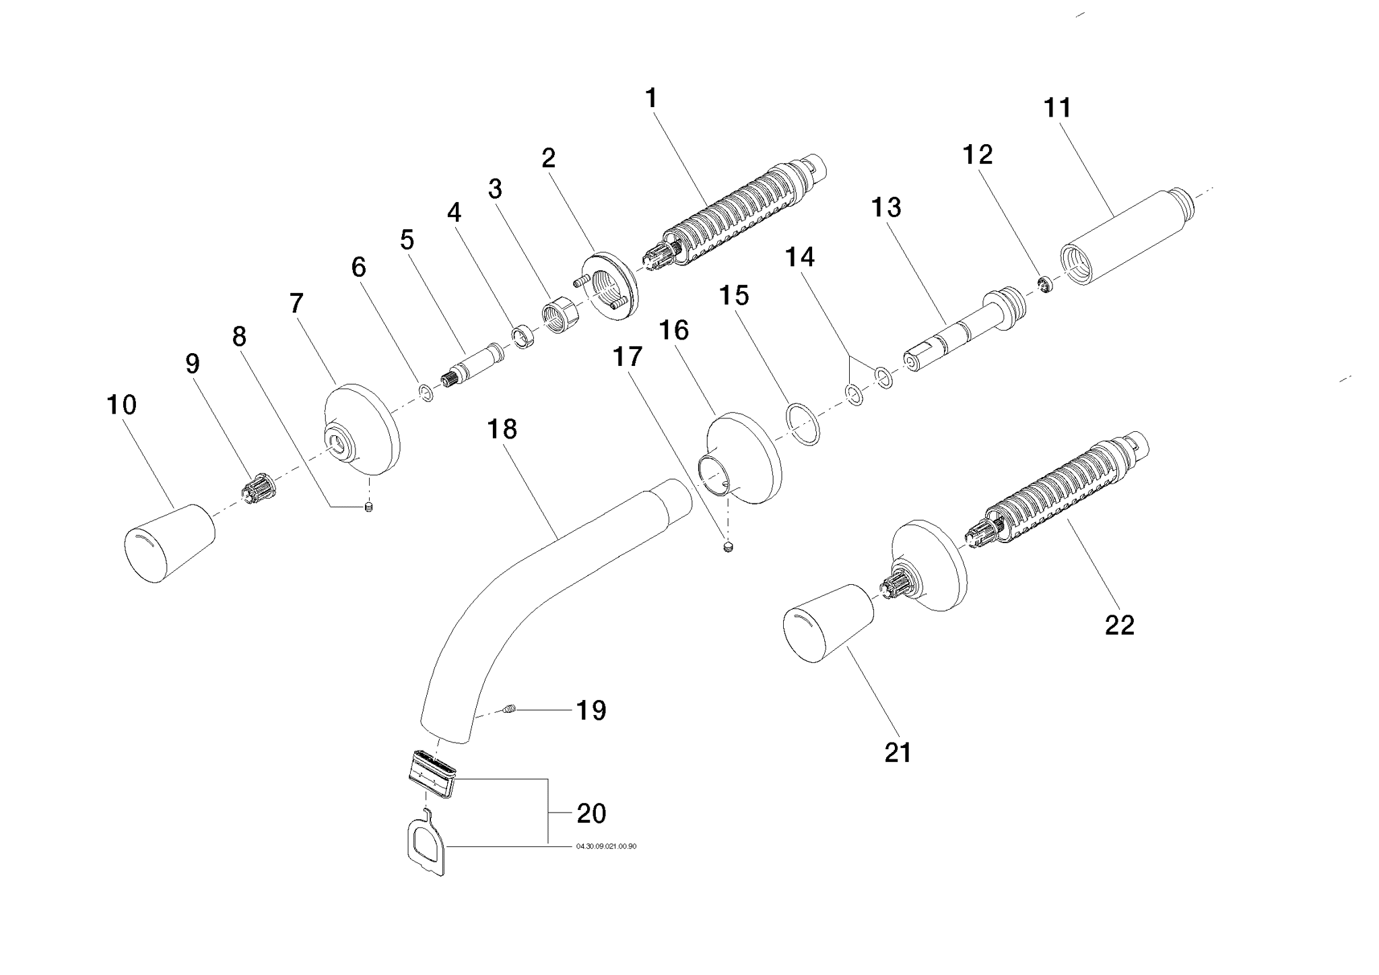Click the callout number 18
pyautogui.click(x=502, y=429)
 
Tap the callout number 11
pyautogui.click(x=1056, y=108)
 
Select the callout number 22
pyautogui.click(x=1120, y=625)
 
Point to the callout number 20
pyautogui.click(x=591, y=813)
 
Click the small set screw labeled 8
pyautogui.click(x=368, y=507)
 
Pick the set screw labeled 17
pyautogui.click(x=728, y=547)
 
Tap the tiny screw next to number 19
pyautogui.click(x=509, y=709)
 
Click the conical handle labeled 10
pyautogui.click(x=169, y=542)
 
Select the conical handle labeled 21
pyautogui.click(x=828, y=625)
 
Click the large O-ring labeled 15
pyautogui.click(x=803, y=424)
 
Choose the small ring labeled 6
pyautogui.click(x=426, y=391)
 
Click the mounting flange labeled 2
pyautogui.click(x=609, y=286)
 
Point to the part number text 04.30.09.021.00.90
pyautogui.click(x=605, y=846)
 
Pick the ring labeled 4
pyautogui.click(x=523, y=336)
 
